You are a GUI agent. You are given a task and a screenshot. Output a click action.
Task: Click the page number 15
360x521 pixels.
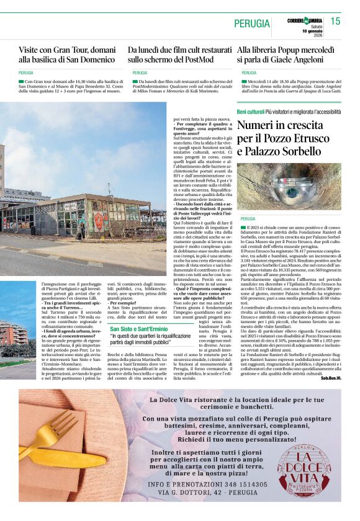click(x=335, y=22)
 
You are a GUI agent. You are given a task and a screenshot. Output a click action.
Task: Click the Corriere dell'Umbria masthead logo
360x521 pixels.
click(x=306, y=20)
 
